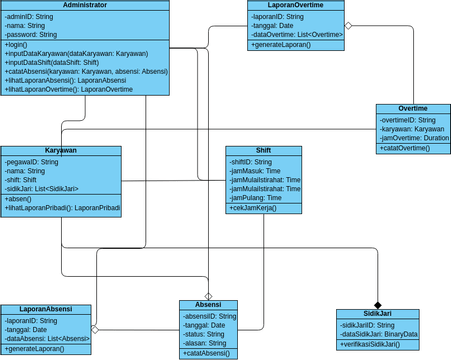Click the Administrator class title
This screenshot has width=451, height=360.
84,6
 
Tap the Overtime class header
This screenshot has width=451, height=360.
412,108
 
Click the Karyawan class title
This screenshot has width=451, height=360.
61,150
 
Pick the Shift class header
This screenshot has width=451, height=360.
263,150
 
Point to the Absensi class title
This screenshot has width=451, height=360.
208,304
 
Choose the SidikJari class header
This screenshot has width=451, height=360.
377,313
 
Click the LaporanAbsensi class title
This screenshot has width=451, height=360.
45,309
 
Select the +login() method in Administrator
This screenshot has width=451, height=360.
17,45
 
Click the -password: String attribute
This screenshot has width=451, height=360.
35,34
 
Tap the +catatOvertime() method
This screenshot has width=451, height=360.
405,148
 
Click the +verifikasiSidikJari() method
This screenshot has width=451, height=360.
376,344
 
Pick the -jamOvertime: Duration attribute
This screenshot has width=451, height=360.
413,137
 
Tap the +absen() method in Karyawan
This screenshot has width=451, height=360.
19,199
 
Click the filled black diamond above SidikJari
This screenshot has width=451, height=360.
378,304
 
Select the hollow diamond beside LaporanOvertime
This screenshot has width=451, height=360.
349,25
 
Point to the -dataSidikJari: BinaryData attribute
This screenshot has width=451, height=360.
378,334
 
